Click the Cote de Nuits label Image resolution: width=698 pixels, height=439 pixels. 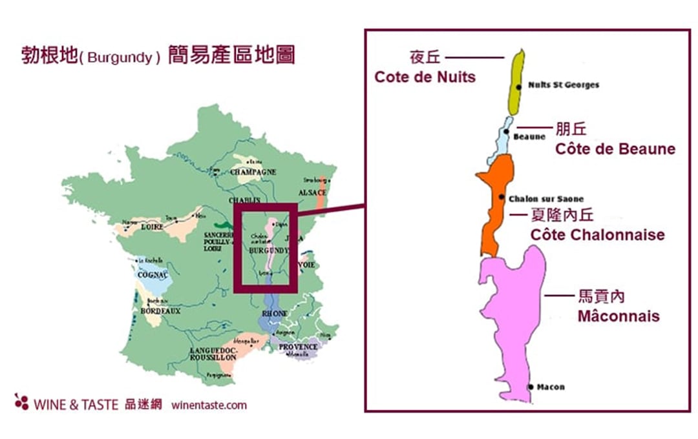click(425, 77)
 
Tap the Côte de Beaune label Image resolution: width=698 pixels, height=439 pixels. click(615, 149)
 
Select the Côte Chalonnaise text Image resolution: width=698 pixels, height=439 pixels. click(597, 234)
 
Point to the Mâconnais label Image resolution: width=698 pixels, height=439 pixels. click(618, 316)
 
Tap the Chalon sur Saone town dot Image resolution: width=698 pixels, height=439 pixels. click(502, 197)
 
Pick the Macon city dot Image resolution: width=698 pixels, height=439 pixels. click(531, 387)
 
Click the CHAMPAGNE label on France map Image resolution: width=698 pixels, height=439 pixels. click(253, 172)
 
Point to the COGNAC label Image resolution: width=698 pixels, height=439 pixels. click(153, 274)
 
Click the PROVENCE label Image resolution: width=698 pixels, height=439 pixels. click(298, 347)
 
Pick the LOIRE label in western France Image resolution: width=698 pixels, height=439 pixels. click(153, 227)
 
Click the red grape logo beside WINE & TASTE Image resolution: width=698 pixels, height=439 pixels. click(21, 402)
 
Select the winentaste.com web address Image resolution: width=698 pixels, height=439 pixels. click(209, 405)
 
